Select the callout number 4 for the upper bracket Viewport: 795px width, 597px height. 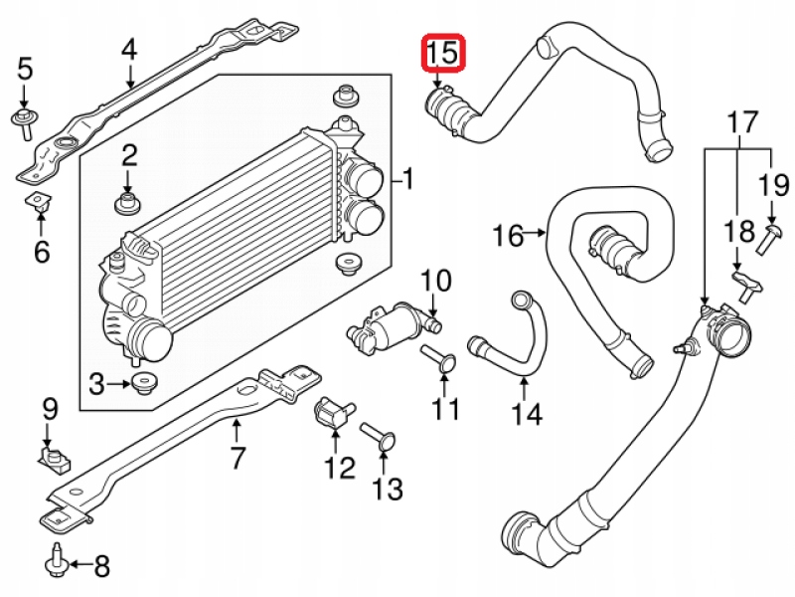[128, 48]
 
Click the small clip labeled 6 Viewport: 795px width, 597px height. [37, 205]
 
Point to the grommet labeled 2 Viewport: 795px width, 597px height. [127, 204]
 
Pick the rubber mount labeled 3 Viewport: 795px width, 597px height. [143, 382]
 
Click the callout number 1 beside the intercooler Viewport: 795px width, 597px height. [407, 180]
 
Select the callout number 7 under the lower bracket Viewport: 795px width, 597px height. [237, 459]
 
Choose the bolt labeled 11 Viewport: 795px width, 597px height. [438, 359]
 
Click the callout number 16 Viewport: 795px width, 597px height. [508, 236]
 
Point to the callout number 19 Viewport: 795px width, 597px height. [774, 184]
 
